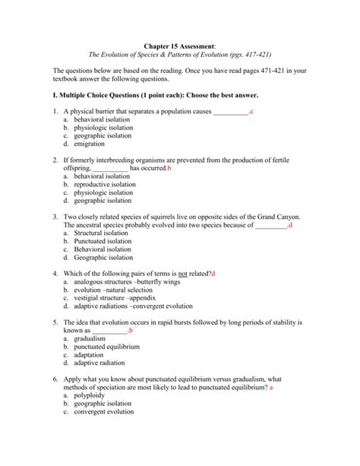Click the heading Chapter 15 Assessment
point(179,44)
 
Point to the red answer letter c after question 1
point(251,113)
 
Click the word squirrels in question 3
point(166,217)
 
